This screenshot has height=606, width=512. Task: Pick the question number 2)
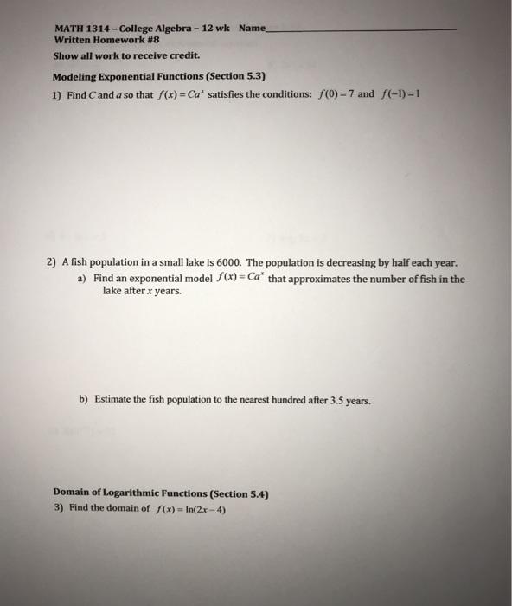[x=51, y=263]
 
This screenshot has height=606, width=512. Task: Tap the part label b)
[x=83, y=401]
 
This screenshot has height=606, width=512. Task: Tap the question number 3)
[x=59, y=509]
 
